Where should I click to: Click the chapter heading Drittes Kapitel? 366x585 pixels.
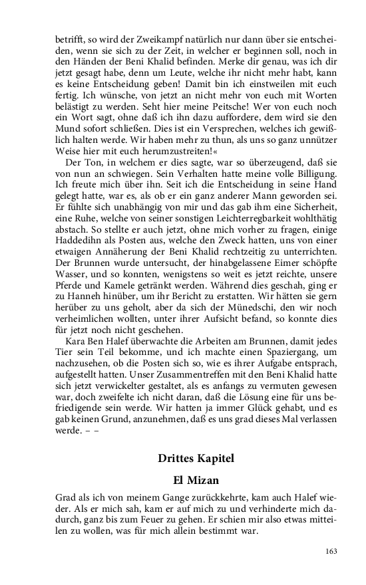(196, 458)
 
